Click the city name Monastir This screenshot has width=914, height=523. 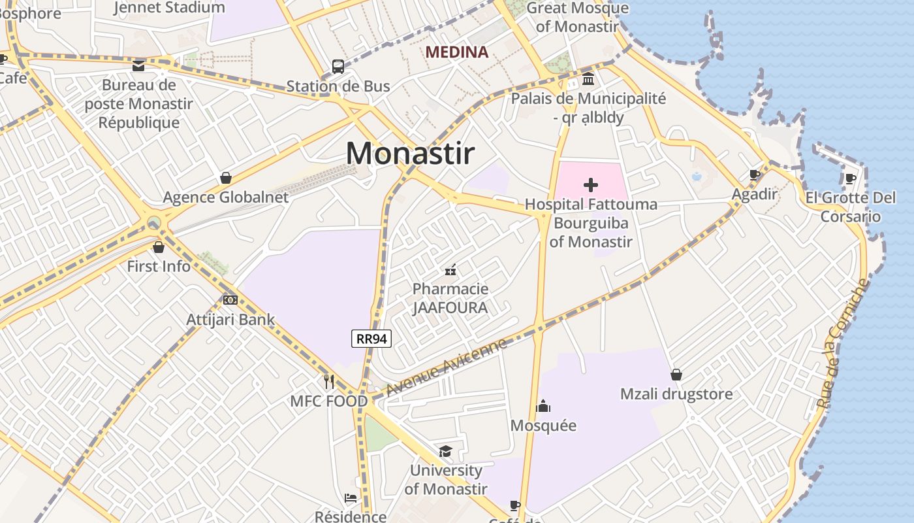[410, 153]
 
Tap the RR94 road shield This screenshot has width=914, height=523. [371, 339]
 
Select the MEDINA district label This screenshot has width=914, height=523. [456, 52]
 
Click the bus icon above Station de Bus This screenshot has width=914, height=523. [338, 66]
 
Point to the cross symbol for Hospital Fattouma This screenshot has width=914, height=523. [591, 185]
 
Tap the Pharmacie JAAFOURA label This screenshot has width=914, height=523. [450, 297]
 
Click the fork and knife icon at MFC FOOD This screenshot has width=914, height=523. [329, 381]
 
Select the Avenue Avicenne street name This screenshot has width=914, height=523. [446, 367]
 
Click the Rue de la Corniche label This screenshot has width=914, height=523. [843, 344]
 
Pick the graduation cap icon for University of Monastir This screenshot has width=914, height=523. [445, 451]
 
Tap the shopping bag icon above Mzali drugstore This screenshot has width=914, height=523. [676, 375]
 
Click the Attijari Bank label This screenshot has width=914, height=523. [230, 320]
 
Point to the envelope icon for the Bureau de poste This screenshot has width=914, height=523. [138, 65]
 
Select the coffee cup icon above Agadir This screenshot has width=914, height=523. [755, 175]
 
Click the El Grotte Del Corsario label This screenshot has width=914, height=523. [850, 207]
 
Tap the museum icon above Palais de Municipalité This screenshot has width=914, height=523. [588, 80]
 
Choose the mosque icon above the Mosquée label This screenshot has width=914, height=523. [543, 407]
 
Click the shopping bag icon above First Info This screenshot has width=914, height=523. [159, 247]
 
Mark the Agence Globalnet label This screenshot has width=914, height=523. [225, 197]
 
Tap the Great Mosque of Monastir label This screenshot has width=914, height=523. [577, 17]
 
